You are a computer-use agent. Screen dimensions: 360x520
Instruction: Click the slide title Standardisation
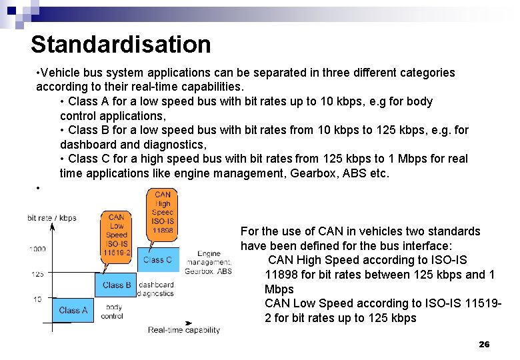pyautogui.click(x=121, y=45)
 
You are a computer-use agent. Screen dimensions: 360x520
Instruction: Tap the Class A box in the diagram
pyautogui.click(x=73, y=310)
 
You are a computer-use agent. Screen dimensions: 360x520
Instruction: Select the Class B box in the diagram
pyautogui.click(x=117, y=285)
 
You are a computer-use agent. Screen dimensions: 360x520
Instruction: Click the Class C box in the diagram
pyautogui.click(x=157, y=260)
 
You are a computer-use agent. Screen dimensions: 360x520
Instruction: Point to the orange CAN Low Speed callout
pyautogui.click(x=116, y=235)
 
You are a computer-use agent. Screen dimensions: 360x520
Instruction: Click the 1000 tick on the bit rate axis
pyautogui.click(x=37, y=249)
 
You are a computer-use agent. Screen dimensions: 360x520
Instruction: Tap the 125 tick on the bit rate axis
pyautogui.click(x=37, y=274)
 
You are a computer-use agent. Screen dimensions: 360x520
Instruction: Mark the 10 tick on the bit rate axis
pyautogui.click(x=37, y=299)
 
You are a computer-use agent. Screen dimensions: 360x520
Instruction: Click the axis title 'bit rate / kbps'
pyautogui.click(x=52, y=218)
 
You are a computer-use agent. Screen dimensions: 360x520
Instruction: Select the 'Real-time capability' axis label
pyautogui.click(x=184, y=330)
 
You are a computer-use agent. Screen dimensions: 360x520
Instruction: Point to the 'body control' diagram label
pyautogui.click(x=112, y=311)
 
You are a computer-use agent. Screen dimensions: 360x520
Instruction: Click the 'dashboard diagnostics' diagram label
pyautogui.click(x=155, y=289)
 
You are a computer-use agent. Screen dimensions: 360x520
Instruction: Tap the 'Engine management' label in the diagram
pyautogui.click(x=209, y=258)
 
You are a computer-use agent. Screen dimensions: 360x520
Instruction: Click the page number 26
pyautogui.click(x=484, y=344)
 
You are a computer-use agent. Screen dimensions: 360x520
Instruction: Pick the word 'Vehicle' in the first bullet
pyautogui.click(x=64, y=73)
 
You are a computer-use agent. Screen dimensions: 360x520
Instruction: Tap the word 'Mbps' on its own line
pyautogui.click(x=279, y=289)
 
